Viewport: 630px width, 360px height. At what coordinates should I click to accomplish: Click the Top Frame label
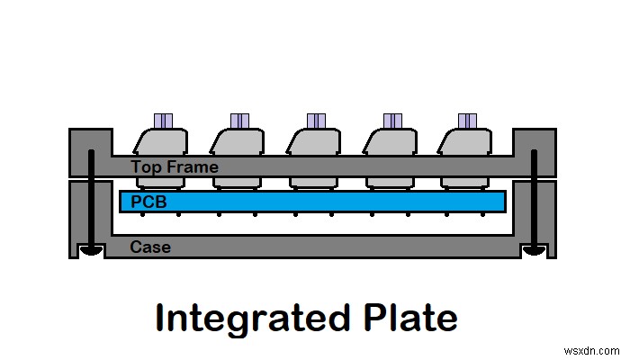coord(174,166)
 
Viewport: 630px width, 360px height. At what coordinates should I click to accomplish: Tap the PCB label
coord(149,202)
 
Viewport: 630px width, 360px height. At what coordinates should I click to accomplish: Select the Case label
coord(149,247)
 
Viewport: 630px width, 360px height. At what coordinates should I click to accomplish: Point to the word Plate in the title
coord(409,319)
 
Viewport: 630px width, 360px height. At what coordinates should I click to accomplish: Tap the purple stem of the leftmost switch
coord(163,121)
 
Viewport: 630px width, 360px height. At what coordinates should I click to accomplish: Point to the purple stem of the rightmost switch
coord(467,121)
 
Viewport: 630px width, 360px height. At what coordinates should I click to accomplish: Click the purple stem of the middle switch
coord(316,121)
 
